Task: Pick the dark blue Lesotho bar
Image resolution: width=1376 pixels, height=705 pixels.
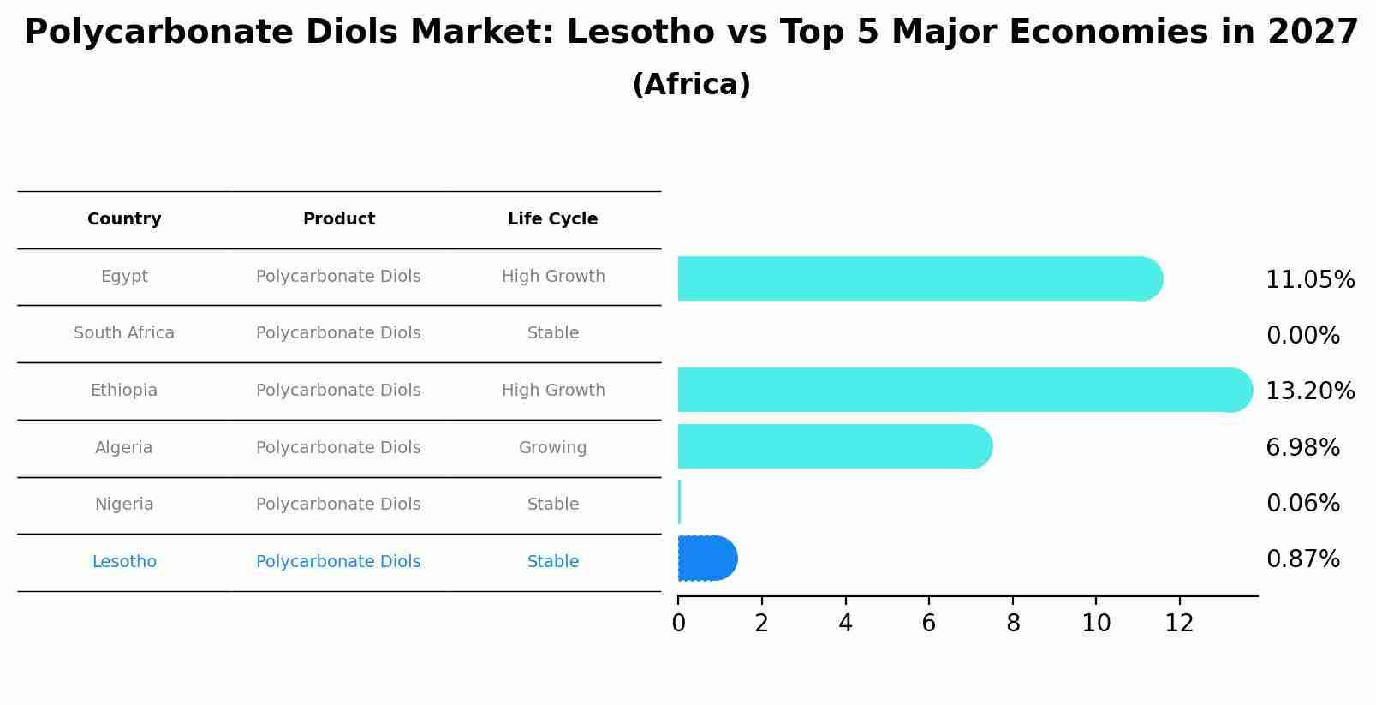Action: (x=707, y=558)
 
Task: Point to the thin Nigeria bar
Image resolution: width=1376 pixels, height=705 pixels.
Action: (x=679, y=502)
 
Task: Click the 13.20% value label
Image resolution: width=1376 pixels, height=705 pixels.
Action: (x=1310, y=391)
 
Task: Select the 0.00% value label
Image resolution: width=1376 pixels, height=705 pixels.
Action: (x=1302, y=336)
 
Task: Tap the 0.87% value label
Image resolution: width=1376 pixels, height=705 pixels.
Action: (x=1302, y=559)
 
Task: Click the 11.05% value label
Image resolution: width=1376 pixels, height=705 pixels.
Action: (x=1310, y=280)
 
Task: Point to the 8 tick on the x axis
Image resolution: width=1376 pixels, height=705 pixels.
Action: (x=1013, y=624)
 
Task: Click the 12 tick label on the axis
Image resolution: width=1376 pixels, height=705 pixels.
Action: (x=1179, y=624)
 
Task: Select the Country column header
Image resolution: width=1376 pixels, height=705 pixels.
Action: (x=124, y=219)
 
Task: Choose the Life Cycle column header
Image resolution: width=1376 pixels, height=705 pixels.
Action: (x=552, y=219)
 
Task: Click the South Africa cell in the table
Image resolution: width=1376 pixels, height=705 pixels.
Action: (x=124, y=333)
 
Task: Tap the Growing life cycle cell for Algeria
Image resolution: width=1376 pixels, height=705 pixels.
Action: (x=552, y=448)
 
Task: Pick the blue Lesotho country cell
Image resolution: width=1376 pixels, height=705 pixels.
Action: (x=124, y=562)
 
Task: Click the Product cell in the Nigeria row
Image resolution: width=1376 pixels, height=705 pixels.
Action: (x=338, y=505)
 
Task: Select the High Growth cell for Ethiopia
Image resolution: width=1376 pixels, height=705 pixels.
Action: (x=552, y=391)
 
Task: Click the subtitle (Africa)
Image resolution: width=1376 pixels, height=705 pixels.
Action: (x=691, y=85)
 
